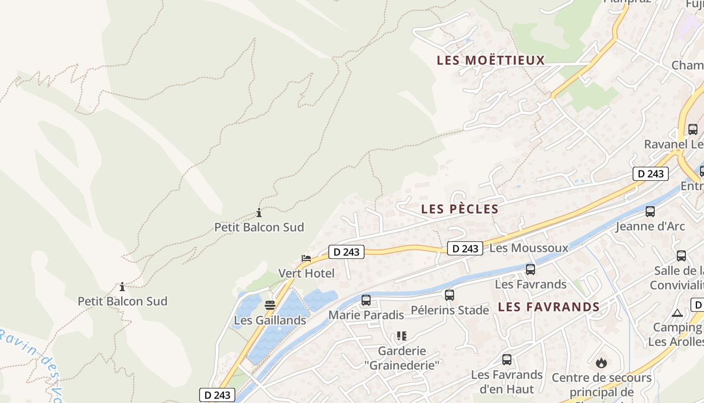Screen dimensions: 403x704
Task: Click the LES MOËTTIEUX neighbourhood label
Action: click(x=491, y=60)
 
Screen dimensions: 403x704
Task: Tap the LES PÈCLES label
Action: click(x=460, y=209)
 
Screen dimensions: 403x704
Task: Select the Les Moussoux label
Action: click(x=529, y=248)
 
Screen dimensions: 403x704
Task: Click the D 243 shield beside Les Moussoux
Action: click(x=465, y=248)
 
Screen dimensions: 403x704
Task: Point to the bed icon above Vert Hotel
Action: click(x=306, y=258)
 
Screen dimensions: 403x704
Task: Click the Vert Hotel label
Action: click(x=306, y=274)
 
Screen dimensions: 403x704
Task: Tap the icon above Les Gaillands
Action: click(x=270, y=305)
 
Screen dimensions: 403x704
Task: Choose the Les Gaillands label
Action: click(x=270, y=320)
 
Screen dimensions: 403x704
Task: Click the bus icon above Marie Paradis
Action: click(x=366, y=300)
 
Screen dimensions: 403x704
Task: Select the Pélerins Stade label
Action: click(x=450, y=310)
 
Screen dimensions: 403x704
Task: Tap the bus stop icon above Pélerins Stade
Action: click(x=450, y=295)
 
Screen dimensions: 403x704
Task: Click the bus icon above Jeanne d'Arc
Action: click(x=650, y=212)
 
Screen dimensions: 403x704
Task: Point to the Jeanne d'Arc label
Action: click(x=650, y=227)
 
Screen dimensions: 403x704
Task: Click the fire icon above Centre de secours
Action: click(x=601, y=363)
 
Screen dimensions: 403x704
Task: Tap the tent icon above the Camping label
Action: click(x=677, y=313)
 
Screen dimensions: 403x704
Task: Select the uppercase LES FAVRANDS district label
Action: click(x=549, y=307)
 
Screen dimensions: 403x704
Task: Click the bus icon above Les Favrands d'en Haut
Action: click(x=507, y=360)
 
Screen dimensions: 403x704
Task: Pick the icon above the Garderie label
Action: click(x=401, y=335)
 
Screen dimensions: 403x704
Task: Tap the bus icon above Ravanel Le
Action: click(x=693, y=129)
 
